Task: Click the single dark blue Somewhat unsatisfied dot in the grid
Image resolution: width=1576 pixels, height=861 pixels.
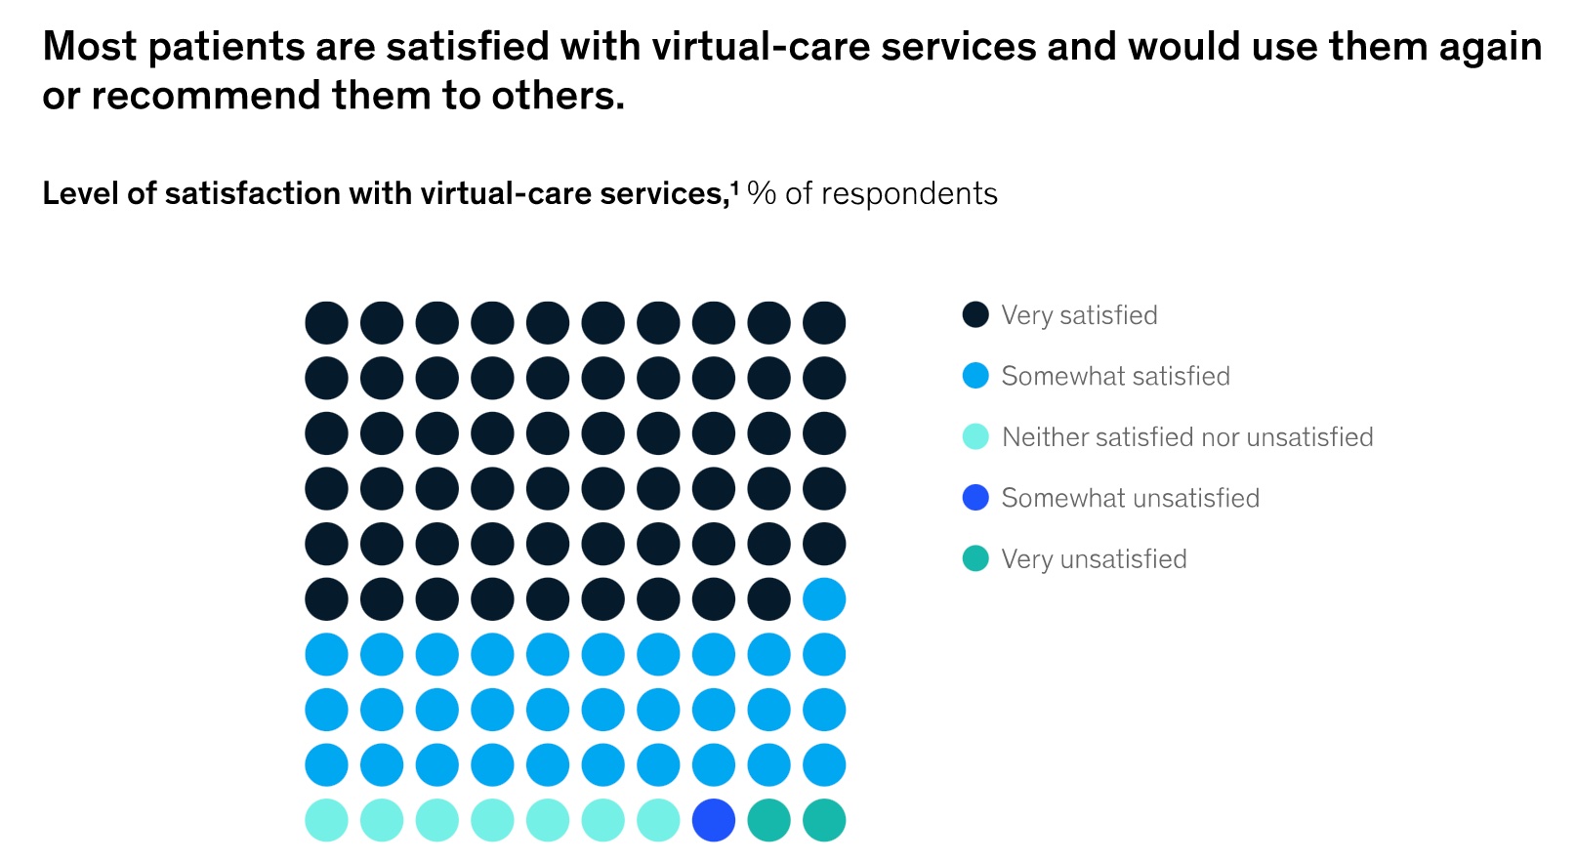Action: pyautogui.click(x=714, y=820)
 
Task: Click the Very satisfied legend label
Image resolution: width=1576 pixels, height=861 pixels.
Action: pyautogui.click(x=1079, y=315)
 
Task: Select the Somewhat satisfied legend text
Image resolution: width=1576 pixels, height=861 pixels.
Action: pyautogui.click(x=1115, y=376)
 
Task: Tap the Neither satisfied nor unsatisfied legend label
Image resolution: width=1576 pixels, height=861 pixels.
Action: pyautogui.click(x=1187, y=437)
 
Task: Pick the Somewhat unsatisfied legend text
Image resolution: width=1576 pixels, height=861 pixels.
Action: pyautogui.click(x=1130, y=498)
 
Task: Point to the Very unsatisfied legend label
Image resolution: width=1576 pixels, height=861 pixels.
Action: pyautogui.click(x=1094, y=559)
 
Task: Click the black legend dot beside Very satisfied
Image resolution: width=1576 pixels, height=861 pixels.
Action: pyautogui.click(x=975, y=314)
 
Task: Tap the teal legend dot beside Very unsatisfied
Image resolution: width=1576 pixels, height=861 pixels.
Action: pyautogui.click(x=975, y=558)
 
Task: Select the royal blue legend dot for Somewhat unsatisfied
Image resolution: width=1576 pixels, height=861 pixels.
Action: pyautogui.click(x=975, y=498)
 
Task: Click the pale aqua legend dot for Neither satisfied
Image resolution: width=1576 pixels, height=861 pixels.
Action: pyautogui.click(x=975, y=436)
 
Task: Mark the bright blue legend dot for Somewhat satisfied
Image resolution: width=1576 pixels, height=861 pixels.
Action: pyautogui.click(x=975, y=376)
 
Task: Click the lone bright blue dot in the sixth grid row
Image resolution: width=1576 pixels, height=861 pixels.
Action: pyautogui.click(x=824, y=598)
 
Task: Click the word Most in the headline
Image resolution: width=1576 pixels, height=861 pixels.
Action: pyautogui.click(x=90, y=47)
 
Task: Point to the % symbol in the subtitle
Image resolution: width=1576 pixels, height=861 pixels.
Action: pyautogui.click(x=762, y=193)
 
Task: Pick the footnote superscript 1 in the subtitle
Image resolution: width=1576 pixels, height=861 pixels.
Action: pyautogui.click(x=734, y=186)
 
